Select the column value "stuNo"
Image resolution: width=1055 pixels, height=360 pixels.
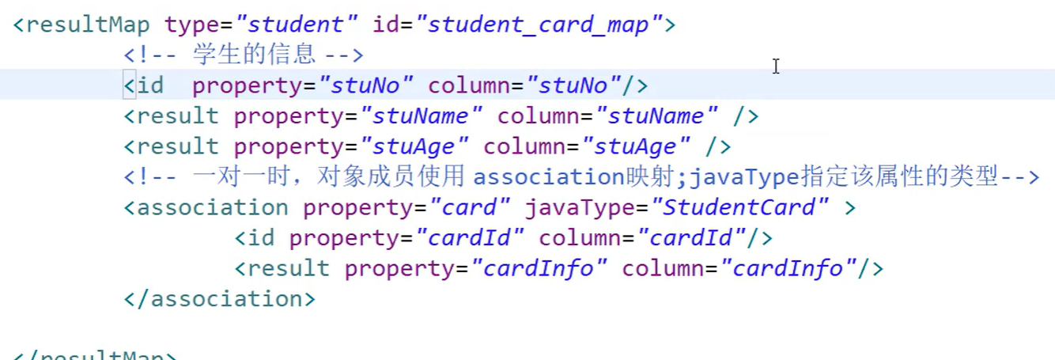(575, 85)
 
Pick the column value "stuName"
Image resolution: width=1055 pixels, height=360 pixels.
(657, 116)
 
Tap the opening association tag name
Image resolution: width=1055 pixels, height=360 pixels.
(212, 208)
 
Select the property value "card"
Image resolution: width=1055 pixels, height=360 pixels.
(470, 208)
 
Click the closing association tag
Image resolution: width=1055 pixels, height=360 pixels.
(220, 299)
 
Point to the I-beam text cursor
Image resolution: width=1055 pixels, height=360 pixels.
(776, 66)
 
